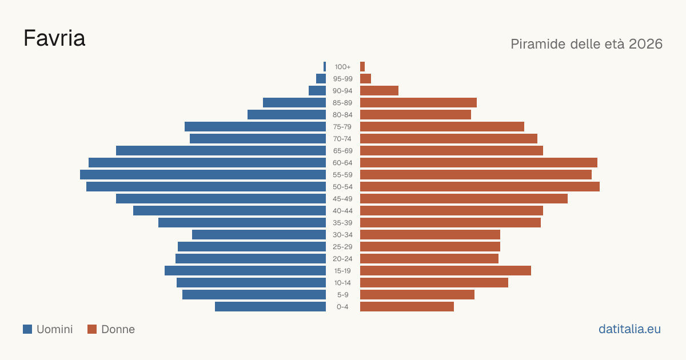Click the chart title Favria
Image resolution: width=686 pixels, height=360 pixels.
(x=54, y=38)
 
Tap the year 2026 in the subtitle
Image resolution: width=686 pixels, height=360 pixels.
(x=645, y=44)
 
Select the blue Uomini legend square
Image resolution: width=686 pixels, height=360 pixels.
(x=27, y=329)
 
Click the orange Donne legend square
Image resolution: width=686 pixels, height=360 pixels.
(x=92, y=329)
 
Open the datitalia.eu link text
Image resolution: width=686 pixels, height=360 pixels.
(x=629, y=329)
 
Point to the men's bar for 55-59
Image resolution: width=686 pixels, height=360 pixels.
(x=203, y=174)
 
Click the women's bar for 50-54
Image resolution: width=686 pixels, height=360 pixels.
(x=480, y=187)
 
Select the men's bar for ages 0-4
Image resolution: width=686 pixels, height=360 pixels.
(x=270, y=307)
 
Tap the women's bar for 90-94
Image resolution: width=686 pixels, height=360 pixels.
(x=379, y=91)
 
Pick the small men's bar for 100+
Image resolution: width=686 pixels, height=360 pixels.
(x=325, y=67)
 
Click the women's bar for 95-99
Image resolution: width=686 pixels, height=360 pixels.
(x=365, y=79)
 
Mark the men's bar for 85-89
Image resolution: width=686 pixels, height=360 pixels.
(x=294, y=102)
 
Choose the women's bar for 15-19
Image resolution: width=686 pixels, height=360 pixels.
(x=445, y=271)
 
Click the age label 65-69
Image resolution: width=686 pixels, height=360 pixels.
(x=342, y=151)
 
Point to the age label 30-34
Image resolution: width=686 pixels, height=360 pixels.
(x=342, y=235)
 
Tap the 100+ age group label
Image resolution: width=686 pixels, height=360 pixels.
(x=342, y=67)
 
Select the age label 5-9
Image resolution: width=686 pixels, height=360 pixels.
(x=342, y=295)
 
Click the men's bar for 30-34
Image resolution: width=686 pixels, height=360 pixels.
(x=259, y=235)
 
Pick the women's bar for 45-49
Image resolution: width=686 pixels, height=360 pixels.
(x=464, y=199)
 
